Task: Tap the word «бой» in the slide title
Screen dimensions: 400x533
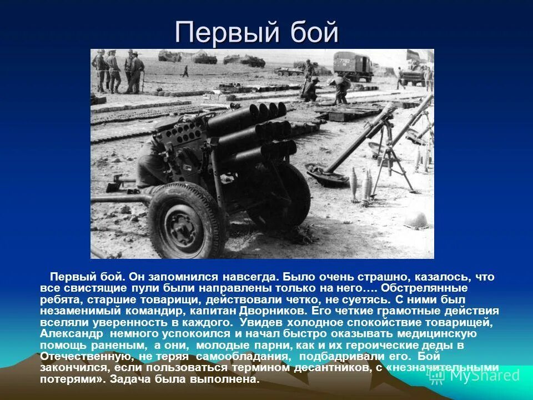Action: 313,33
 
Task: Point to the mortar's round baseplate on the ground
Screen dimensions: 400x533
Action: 328,172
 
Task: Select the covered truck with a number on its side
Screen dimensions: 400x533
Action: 353,65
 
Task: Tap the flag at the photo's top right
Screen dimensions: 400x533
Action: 413,56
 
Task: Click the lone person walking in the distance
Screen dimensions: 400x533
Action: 185,71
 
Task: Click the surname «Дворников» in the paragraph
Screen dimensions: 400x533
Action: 274,311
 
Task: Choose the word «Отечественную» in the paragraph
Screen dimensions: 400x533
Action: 86,357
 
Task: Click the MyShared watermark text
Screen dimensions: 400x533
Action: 483,375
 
